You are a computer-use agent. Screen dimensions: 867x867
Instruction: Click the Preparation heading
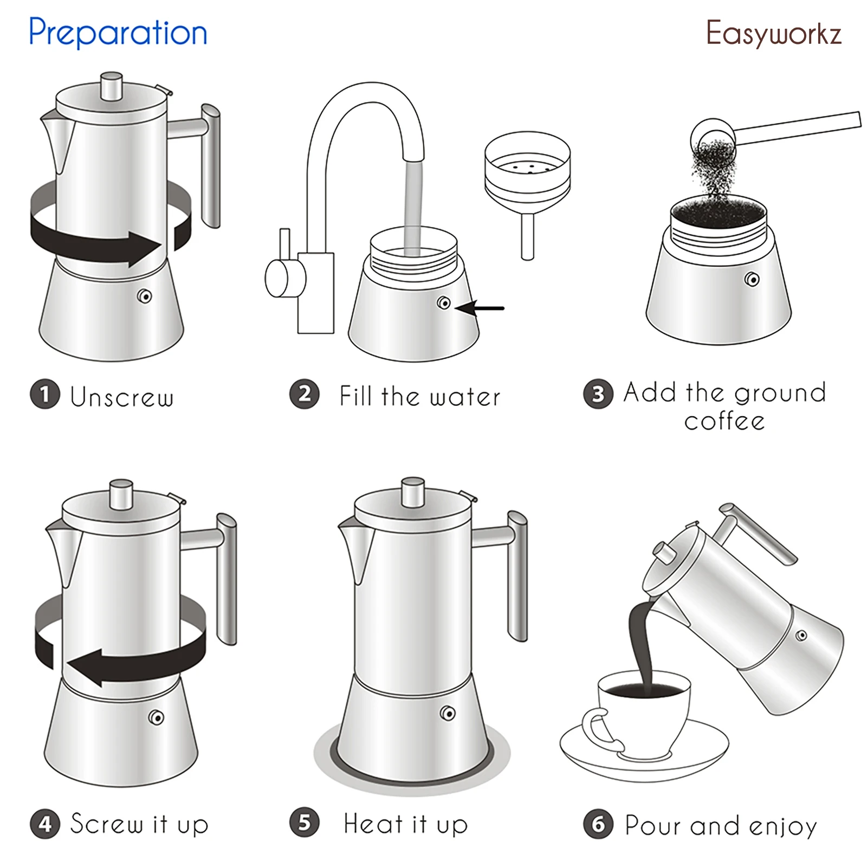tap(118, 33)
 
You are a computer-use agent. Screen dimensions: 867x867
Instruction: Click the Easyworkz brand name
tap(773, 34)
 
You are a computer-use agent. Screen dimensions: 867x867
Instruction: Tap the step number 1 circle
tap(44, 394)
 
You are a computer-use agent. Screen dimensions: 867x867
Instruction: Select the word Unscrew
tap(122, 397)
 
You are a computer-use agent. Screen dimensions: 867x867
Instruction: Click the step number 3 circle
tap(598, 394)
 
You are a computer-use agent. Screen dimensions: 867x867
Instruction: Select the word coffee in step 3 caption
tap(724, 421)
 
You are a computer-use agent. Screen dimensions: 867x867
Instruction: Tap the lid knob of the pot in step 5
tap(413, 491)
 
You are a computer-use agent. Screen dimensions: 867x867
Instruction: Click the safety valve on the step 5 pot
tap(448, 713)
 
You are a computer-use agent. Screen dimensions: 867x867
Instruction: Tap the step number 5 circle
tap(304, 822)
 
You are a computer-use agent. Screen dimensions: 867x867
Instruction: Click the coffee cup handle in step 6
tap(596, 729)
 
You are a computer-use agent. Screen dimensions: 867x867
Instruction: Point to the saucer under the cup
tap(645, 759)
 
